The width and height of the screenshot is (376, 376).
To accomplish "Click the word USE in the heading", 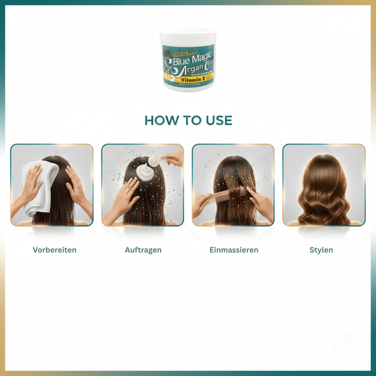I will pyautogui.click(x=217, y=120).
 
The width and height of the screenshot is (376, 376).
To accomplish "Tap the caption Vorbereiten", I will pyautogui.click(x=55, y=249).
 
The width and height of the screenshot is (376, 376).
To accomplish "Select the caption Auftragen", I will pyautogui.click(x=143, y=249).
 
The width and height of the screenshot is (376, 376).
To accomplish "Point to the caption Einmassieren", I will pyautogui.click(x=234, y=249).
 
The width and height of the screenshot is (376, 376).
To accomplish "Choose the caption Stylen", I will pyautogui.click(x=321, y=249).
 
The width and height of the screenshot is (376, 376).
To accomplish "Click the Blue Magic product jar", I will pyautogui.click(x=188, y=61).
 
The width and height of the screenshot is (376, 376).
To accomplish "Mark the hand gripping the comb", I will pyautogui.click(x=202, y=204).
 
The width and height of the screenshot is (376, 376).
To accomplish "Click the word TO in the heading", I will pyautogui.click(x=189, y=120).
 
